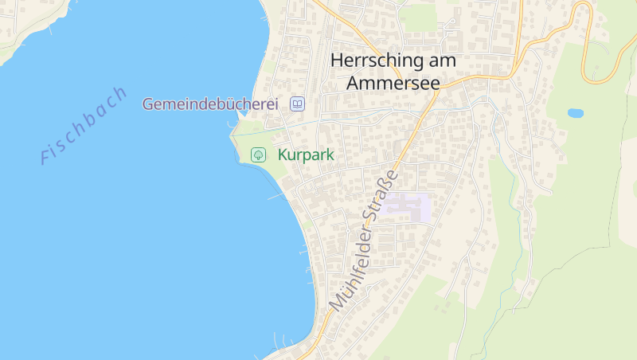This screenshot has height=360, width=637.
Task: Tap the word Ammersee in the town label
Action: pyautogui.click(x=393, y=82)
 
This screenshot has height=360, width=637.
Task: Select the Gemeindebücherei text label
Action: pyautogui.click(x=209, y=104)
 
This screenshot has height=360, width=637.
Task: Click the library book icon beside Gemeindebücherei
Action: pyautogui.click(x=297, y=104)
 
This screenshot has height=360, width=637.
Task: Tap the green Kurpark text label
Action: pyautogui.click(x=306, y=155)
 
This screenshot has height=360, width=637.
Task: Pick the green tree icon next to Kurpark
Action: pyautogui.click(x=258, y=155)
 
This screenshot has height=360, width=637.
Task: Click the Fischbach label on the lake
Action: pyautogui.click(x=84, y=125)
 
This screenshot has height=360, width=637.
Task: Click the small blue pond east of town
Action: pyautogui.click(x=575, y=113)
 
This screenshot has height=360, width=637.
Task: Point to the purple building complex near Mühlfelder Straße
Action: pyautogui.click(x=406, y=208)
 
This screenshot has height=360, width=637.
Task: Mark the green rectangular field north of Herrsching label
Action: pyautogui.click(x=418, y=18)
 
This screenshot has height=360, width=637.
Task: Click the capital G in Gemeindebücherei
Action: pyautogui.click(x=148, y=104)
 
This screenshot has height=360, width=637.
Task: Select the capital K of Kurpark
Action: pyautogui.click(x=283, y=155)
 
